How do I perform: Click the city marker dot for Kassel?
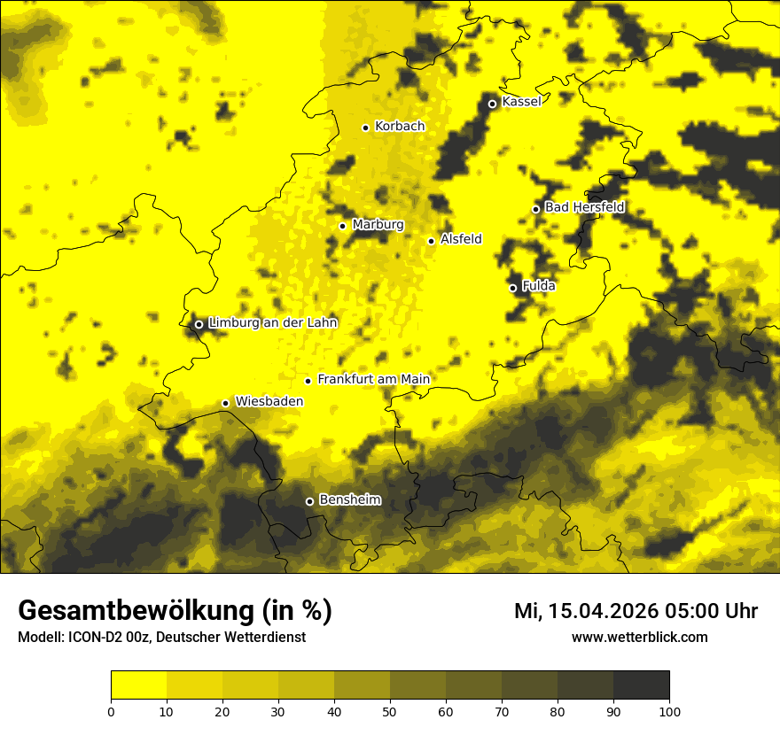(492, 104)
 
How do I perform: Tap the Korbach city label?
(400, 127)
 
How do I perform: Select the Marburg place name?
(378, 225)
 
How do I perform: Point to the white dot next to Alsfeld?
(431, 241)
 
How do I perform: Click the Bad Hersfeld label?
(584, 208)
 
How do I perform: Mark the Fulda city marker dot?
(512, 288)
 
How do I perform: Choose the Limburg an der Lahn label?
(273, 323)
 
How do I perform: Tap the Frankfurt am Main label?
(373, 380)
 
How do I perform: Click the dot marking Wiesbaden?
(225, 403)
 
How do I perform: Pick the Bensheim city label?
(349, 500)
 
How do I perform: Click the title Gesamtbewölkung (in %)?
(175, 611)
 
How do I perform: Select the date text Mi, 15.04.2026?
(590, 611)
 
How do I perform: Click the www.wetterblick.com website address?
(640, 637)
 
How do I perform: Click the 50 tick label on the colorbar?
(390, 710)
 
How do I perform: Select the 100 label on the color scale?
(669, 710)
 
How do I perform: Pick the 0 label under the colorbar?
(111, 710)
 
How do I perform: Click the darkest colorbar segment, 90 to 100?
(641, 685)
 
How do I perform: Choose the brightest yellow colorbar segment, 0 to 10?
(138, 685)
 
